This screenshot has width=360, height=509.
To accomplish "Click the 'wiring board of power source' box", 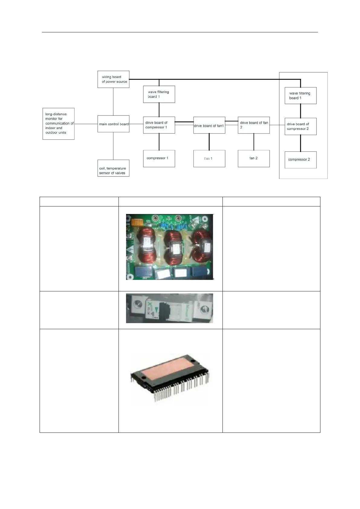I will click(113, 79).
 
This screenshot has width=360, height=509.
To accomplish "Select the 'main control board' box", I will click(113, 124).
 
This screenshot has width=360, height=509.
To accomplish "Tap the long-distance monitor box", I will click(59, 124).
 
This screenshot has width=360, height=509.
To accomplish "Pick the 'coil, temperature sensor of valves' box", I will click(113, 168).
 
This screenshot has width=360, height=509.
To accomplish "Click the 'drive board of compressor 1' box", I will click(159, 125).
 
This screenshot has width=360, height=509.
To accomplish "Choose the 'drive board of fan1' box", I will click(209, 125).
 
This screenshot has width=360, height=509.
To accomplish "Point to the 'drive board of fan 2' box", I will click(254, 125).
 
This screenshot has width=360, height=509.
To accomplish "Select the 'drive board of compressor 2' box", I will click(300, 126).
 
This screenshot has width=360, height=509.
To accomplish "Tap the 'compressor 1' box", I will click(159, 158).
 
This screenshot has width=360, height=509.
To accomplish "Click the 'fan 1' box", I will click(209, 158).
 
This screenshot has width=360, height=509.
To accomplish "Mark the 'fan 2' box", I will click(254, 158).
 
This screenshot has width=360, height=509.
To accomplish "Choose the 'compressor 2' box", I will click(300, 160).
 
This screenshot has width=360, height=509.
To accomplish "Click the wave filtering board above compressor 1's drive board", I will click(159, 94).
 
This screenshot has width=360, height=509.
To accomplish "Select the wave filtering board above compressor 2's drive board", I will click(300, 96).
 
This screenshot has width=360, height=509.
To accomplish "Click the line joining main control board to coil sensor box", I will click(113, 146).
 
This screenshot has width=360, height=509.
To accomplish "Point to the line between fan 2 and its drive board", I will click(254, 142).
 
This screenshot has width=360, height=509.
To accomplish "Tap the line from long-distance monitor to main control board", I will click(86, 124).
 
